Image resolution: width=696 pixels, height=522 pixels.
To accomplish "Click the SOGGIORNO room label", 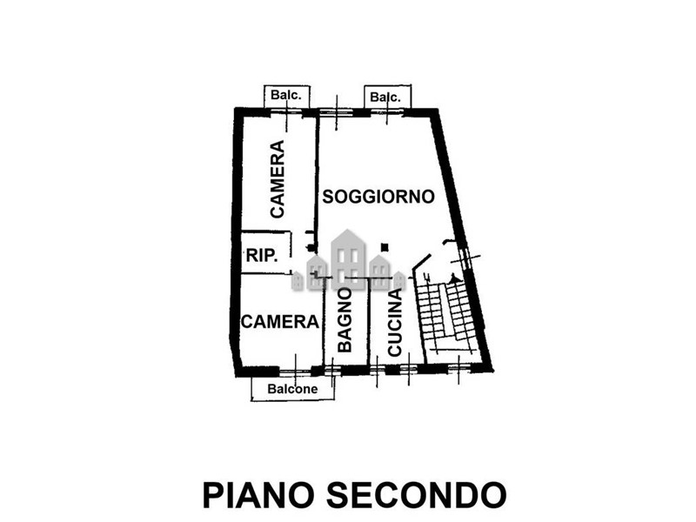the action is click(x=378, y=197).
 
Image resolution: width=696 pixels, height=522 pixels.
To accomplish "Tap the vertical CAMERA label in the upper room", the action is click(x=278, y=179).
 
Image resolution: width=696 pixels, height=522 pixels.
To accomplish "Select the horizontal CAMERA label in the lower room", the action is click(x=279, y=321).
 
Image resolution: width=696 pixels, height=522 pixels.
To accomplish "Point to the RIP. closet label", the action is click(x=263, y=255).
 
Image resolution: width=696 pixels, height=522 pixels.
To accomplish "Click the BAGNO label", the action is click(x=345, y=320).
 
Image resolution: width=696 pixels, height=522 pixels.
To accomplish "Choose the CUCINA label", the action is click(x=395, y=323).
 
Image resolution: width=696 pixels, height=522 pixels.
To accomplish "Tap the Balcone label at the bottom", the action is click(x=292, y=389).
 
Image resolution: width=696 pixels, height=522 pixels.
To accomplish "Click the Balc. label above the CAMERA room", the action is click(x=286, y=95).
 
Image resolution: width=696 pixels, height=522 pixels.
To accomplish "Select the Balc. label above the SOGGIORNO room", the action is click(x=385, y=97).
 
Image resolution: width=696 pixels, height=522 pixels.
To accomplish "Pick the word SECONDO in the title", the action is click(x=417, y=495).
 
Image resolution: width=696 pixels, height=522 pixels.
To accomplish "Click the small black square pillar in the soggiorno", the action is click(x=385, y=246).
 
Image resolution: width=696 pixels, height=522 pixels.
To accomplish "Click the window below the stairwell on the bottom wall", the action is click(x=458, y=367).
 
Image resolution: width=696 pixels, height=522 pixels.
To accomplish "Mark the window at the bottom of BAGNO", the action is click(x=331, y=370).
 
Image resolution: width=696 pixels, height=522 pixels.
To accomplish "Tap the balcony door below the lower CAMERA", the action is click(x=295, y=371).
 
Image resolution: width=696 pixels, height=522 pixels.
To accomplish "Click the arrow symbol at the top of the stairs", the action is click(x=453, y=278).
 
